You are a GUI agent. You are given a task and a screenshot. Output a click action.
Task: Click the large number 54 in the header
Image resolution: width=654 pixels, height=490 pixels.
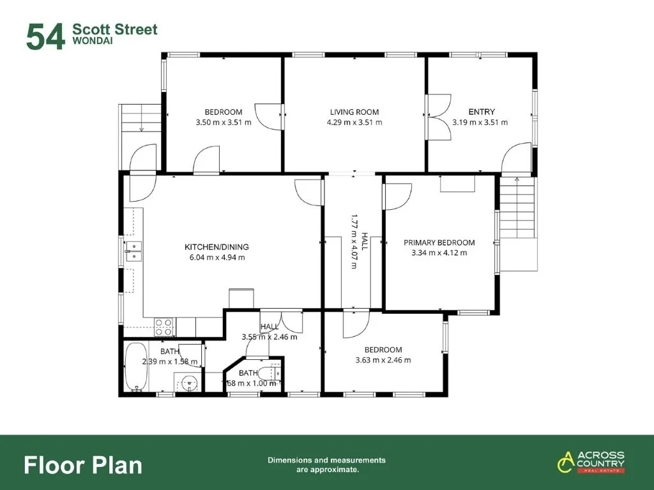pos(45,37)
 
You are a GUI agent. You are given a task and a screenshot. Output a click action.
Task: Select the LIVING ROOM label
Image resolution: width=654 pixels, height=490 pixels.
pos(354,112)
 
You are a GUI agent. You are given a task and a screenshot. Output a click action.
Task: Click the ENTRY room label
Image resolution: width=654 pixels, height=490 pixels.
pos(481,112)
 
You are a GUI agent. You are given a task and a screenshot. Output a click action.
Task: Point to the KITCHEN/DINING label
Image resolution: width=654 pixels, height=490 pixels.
pos(217,247)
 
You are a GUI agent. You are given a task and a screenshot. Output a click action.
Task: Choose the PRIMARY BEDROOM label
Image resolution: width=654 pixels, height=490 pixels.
pos(439,242)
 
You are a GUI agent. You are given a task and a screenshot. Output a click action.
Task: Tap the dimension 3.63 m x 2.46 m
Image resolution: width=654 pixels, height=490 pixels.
pos(383,360)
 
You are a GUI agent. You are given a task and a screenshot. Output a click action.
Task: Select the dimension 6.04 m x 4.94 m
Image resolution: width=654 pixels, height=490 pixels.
pos(217,257)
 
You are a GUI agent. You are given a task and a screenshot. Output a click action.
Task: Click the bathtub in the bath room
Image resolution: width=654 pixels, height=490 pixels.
pos(136,367)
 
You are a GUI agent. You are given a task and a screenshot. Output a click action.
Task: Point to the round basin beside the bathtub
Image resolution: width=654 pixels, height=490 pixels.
pos(188,383)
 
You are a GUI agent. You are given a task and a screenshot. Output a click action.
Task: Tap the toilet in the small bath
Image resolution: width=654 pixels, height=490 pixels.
pos(273,374)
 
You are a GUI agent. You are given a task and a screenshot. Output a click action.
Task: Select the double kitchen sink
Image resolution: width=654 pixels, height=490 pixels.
pos(134,251)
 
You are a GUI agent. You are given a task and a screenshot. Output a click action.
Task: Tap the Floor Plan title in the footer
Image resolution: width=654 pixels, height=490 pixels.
pos(83,464)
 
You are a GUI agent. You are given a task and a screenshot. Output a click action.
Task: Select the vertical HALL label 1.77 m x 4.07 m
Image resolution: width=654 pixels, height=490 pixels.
pos(356,241)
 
